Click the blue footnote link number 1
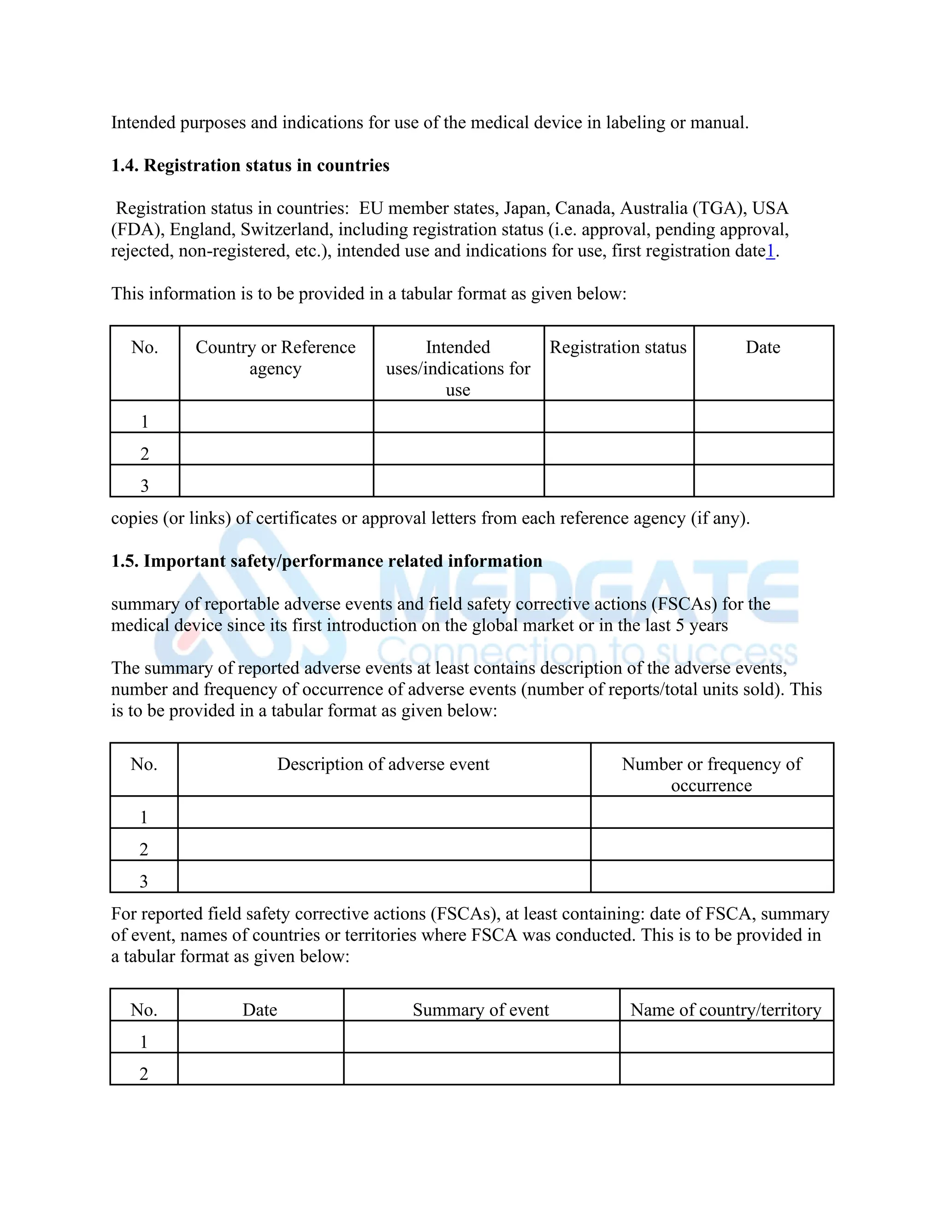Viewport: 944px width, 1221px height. pyautogui.click(x=770, y=251)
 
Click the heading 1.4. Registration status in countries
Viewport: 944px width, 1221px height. pyautogui.click(x=250, y=165)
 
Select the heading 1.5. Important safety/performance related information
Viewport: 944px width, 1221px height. pyautogui.click(x=327, y=561)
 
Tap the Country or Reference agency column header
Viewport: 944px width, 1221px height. pyautogui.click(x=275, y=358)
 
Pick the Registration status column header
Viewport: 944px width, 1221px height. pyautogui.click(x=618, y=347)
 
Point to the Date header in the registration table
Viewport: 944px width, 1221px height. pyautogui.click(x=763, y=347)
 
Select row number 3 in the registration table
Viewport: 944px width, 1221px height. pyautogui.click(x=144, y=485)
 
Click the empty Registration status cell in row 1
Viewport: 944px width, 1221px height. pyautogui.click(x=619, y=417)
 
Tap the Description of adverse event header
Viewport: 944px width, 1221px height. pyautogui.click(x=383, y=764)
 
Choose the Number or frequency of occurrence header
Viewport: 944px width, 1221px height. pyautogui.click(x=711, y=775)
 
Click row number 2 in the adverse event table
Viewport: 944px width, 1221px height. pyautogui.click(x=144, y=849)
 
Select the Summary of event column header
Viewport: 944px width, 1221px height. pyautogui.click(x=481, y=1010)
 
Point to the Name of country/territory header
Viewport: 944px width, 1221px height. pyautogui.click(x=726, y=1010)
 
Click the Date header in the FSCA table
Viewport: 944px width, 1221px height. pyautogui.click(x=260, y=1010)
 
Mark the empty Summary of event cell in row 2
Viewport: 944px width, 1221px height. pyautogui.click(x=481, y=1068)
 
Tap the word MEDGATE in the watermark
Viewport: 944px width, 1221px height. pyautogui.click(x=587, y=593)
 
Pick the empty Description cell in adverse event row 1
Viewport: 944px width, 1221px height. pyautogui.click(x=383, y=812)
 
